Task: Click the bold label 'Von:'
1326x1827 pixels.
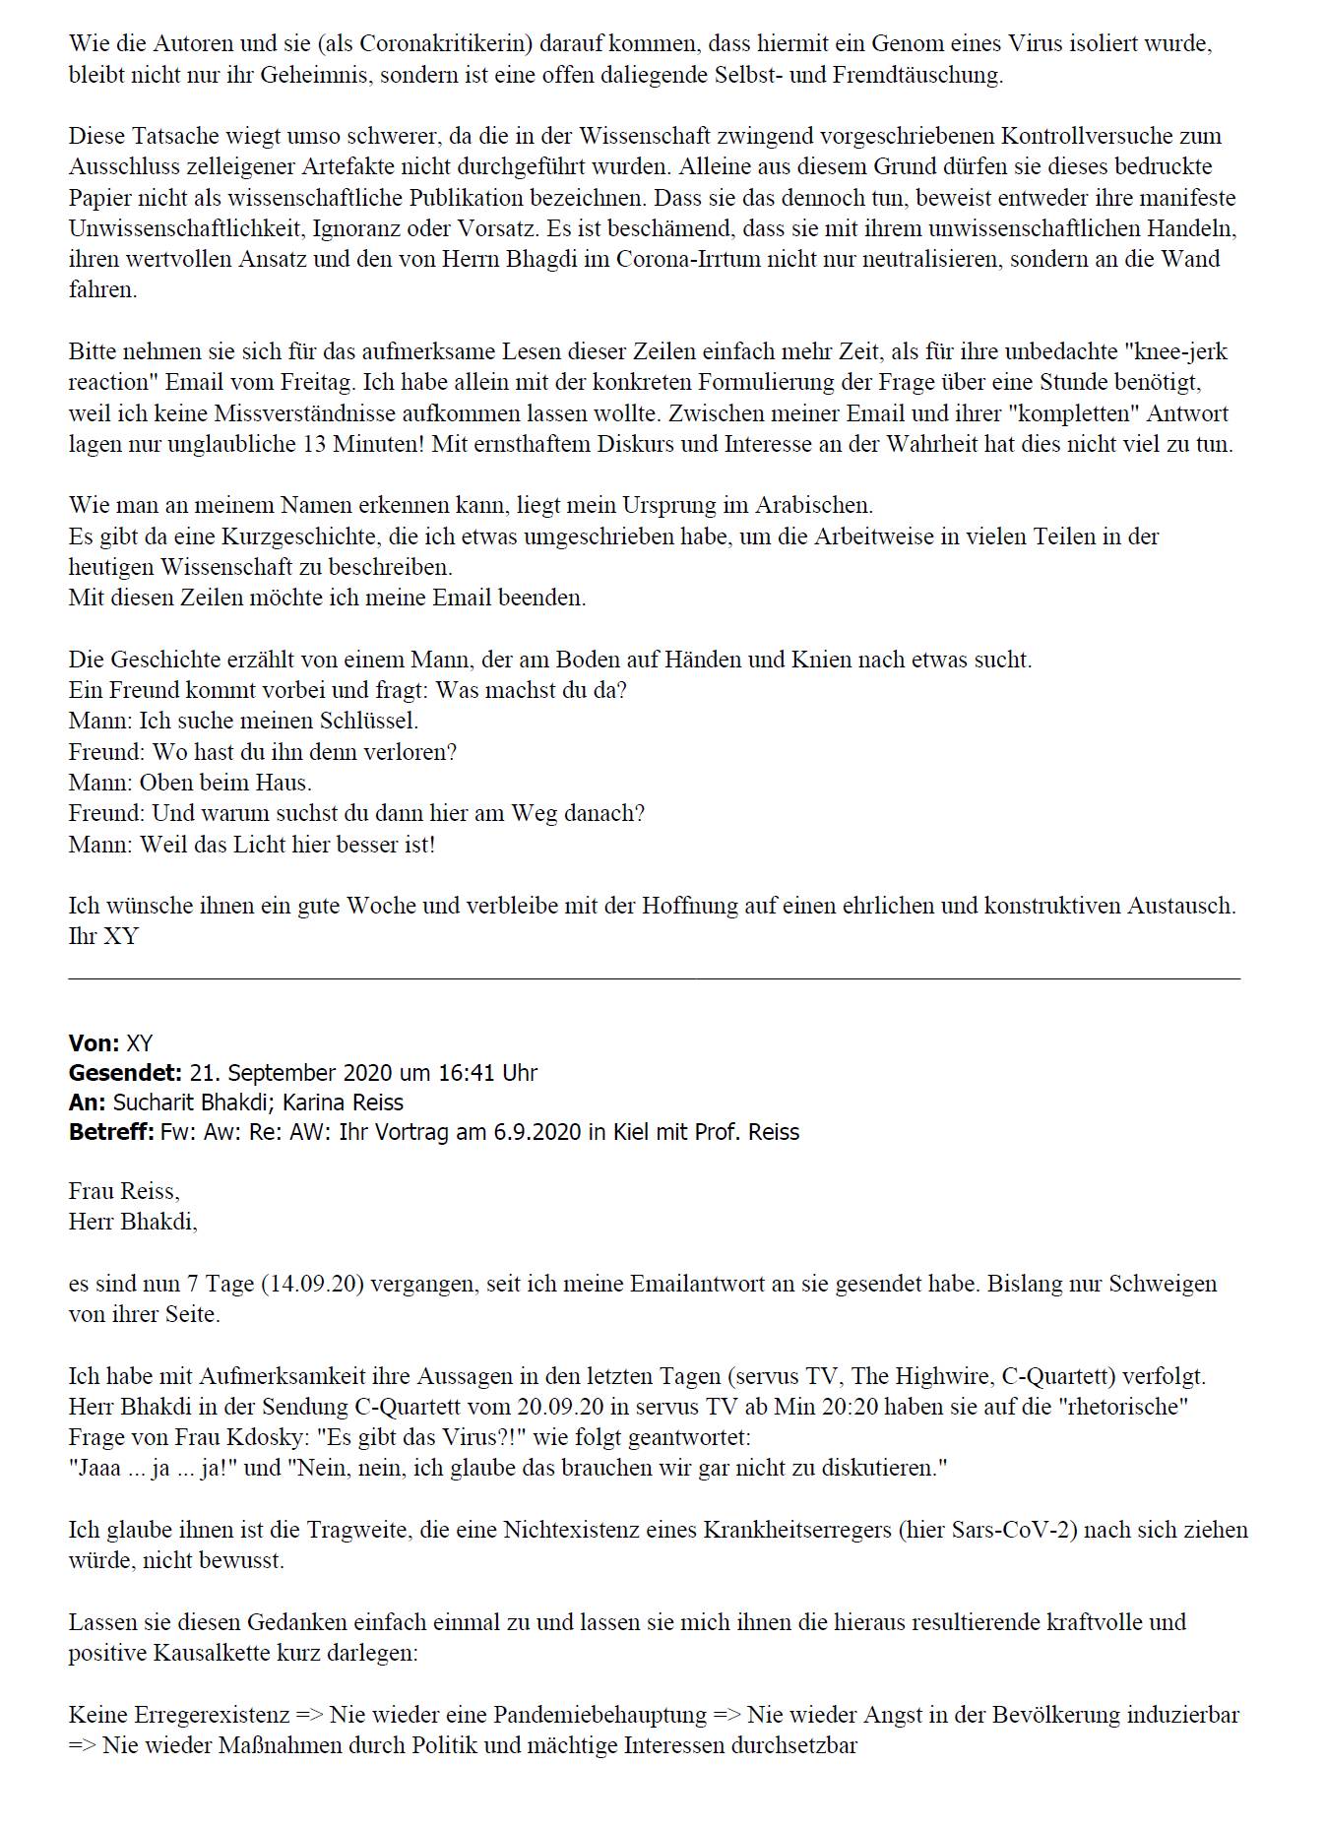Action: coord(95,1043)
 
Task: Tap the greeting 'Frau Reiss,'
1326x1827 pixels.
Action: coord(124,1192)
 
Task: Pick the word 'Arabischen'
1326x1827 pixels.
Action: coord(813,506)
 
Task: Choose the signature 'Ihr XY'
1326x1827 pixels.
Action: coord(103,936)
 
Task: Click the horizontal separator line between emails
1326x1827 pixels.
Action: coord(654,978)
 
